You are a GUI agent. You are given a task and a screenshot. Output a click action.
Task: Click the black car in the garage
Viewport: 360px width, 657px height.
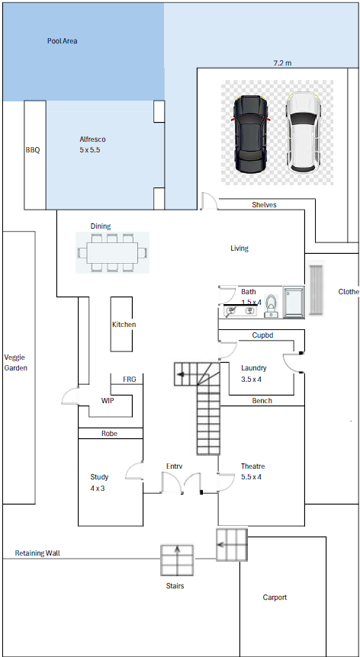click(250, 134)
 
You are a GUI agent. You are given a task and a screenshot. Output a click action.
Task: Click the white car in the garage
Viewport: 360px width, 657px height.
click(304, 132)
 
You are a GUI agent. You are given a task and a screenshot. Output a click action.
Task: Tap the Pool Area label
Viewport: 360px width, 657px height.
click(62, 41)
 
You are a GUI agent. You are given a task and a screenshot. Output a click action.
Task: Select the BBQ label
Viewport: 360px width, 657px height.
click(33, 150)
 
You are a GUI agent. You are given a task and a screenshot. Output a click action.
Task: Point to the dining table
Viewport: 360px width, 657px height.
click(112, 252)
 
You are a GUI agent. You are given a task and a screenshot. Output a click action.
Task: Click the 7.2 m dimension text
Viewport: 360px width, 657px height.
click(282, 62)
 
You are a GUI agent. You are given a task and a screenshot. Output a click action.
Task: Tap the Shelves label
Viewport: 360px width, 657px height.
click(264, 205)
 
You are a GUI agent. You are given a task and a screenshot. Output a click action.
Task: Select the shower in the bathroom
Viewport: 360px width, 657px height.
click(294, 303)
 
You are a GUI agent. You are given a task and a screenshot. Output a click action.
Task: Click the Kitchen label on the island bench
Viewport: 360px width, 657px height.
click(124, 325)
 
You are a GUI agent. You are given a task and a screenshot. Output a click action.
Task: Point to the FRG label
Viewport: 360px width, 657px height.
click(129, 380)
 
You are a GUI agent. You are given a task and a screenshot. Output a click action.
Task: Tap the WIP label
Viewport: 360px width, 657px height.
click(108, 401)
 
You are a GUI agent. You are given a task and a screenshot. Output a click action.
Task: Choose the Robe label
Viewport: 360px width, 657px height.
click(109, 434)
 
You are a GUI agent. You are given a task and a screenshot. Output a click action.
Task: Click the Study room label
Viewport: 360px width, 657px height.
click(99, 477)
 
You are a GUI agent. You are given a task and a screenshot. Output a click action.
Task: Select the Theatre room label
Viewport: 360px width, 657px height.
click(252, 466)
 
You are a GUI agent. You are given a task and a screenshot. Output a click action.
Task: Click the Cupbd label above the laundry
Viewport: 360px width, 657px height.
click(263, 335)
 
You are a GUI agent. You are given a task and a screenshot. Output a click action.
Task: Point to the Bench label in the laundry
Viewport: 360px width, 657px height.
click(262, 401)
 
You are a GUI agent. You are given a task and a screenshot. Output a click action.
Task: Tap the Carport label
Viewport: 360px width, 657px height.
click(275, 598)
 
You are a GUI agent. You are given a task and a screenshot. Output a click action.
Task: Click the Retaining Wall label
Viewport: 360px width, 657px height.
click(37, 553)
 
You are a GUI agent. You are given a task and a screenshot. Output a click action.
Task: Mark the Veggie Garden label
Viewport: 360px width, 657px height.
click(15, 363)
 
